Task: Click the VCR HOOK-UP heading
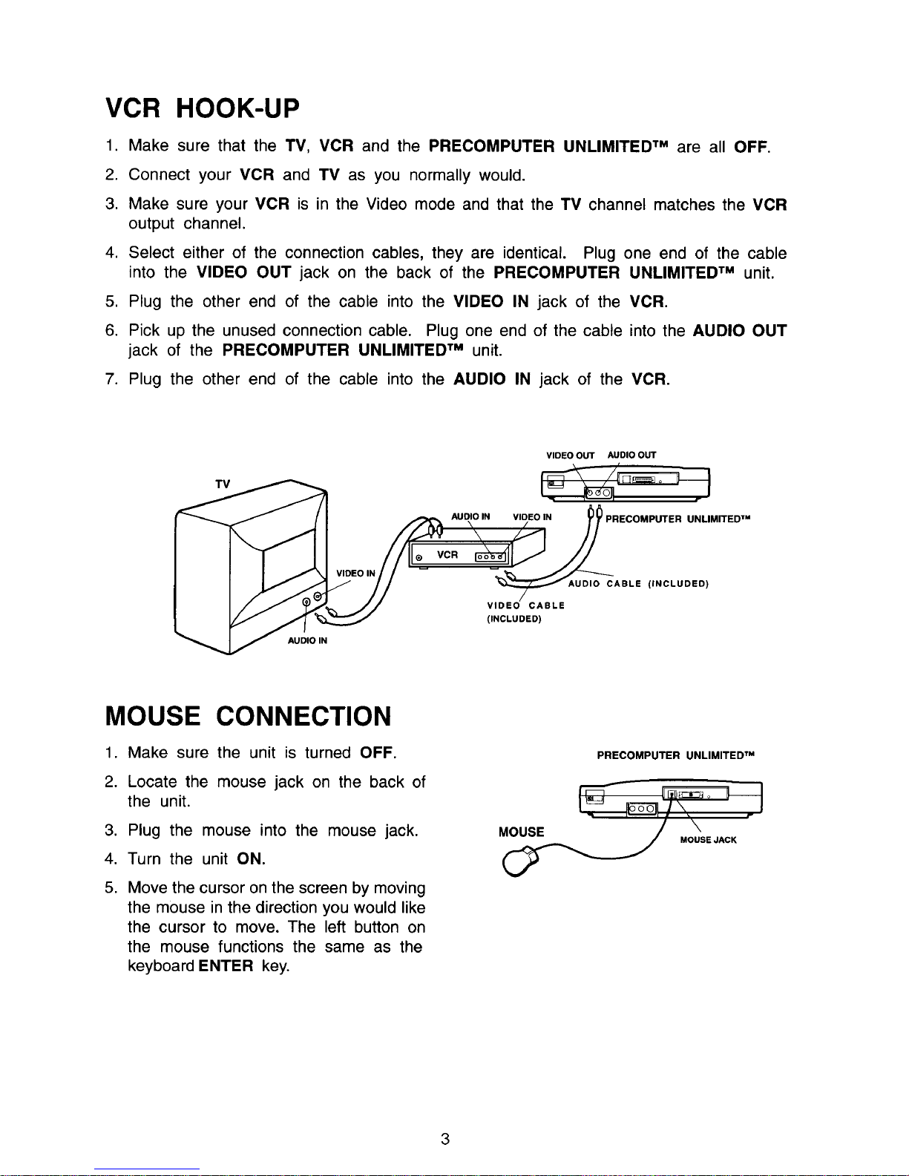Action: click(203, 109)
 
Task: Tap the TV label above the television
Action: click(223, 484)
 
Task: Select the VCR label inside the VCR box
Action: click(447, 555)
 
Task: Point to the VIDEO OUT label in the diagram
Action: click(570, 456)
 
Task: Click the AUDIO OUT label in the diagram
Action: click(631, 456)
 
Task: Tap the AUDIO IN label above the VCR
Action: click(470, 516)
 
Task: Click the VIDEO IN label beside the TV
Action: click(355, 573)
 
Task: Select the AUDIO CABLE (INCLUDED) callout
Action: click(638, 584)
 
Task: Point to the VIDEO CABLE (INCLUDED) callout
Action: click(525, 611)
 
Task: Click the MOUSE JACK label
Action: click(708, 840)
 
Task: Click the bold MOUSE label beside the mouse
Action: click(521, 832)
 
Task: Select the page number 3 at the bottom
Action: click(445, 1140)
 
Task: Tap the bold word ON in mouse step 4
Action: click(251, 859)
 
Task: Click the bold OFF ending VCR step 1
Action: click(751, 146)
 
